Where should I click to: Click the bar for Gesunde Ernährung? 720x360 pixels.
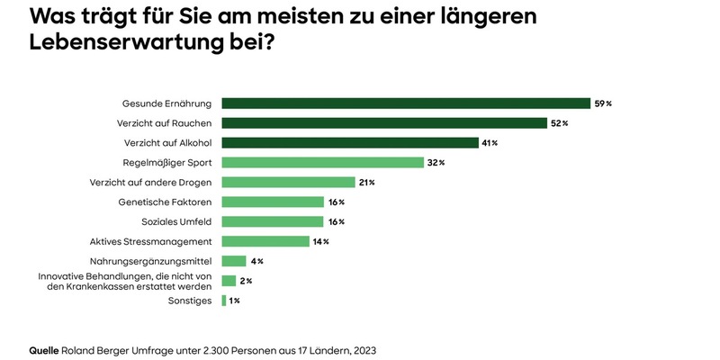[406, 103]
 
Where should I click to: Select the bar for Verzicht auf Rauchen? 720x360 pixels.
[384, 123]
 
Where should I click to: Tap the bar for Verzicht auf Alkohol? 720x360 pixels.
[350, 143]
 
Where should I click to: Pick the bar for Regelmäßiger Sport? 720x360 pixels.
[322, 163]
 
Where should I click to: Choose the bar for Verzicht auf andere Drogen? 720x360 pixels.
[289, 183]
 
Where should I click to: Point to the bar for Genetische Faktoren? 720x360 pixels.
[273, 202]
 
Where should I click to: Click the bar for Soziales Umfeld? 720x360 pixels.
[273, 221]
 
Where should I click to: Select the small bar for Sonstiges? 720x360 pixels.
[224, 301]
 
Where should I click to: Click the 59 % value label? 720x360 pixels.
[603, 103]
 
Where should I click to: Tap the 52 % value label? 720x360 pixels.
[559, 123]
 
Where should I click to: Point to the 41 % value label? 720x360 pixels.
[490, 143]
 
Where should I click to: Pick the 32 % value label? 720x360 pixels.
[436, 163]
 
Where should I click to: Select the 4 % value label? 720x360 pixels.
[256, 261]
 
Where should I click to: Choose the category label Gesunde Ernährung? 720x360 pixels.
[167, 103]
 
